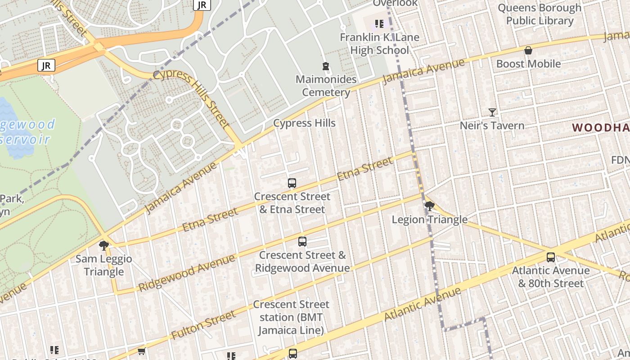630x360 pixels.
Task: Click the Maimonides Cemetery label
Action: click(326, 86)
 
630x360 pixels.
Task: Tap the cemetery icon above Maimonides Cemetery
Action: click(326, 67)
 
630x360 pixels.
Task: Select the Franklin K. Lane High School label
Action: click(379, 44)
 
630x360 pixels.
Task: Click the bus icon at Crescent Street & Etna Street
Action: click(292, 183)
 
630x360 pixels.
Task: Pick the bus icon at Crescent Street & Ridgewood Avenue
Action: click(302, 242)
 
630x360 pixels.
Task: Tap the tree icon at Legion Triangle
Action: click(429, 206)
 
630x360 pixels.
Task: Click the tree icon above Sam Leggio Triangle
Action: click(104, 245)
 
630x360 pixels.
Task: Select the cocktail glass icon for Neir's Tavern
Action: click(492, 112)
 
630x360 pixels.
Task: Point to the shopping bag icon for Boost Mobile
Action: click(528, 50)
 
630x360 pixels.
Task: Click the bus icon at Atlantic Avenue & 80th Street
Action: click(551, 257)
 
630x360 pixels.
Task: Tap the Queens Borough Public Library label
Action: click(539, 14)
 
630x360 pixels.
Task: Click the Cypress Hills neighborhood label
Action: click(304, 123)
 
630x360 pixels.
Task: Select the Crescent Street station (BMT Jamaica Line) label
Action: click(291, 317)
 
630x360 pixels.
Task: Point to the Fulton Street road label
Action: click(203, 325)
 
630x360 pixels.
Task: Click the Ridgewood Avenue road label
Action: click(186, 273)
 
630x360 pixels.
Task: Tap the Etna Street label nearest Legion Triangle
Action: click(364, 169)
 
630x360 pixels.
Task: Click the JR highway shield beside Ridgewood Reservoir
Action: click(46, 66)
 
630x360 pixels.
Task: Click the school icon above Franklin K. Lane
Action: click(379, 23)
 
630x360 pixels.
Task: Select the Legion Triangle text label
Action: click(429, 220)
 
